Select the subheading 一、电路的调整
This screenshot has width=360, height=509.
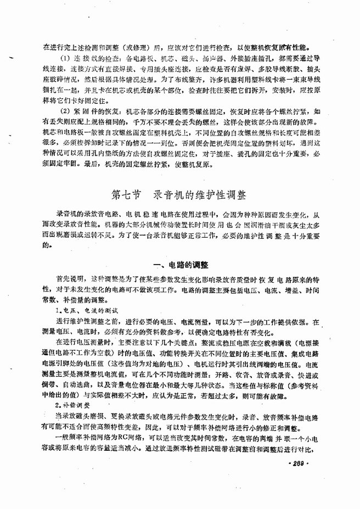[x=179, y=265]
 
